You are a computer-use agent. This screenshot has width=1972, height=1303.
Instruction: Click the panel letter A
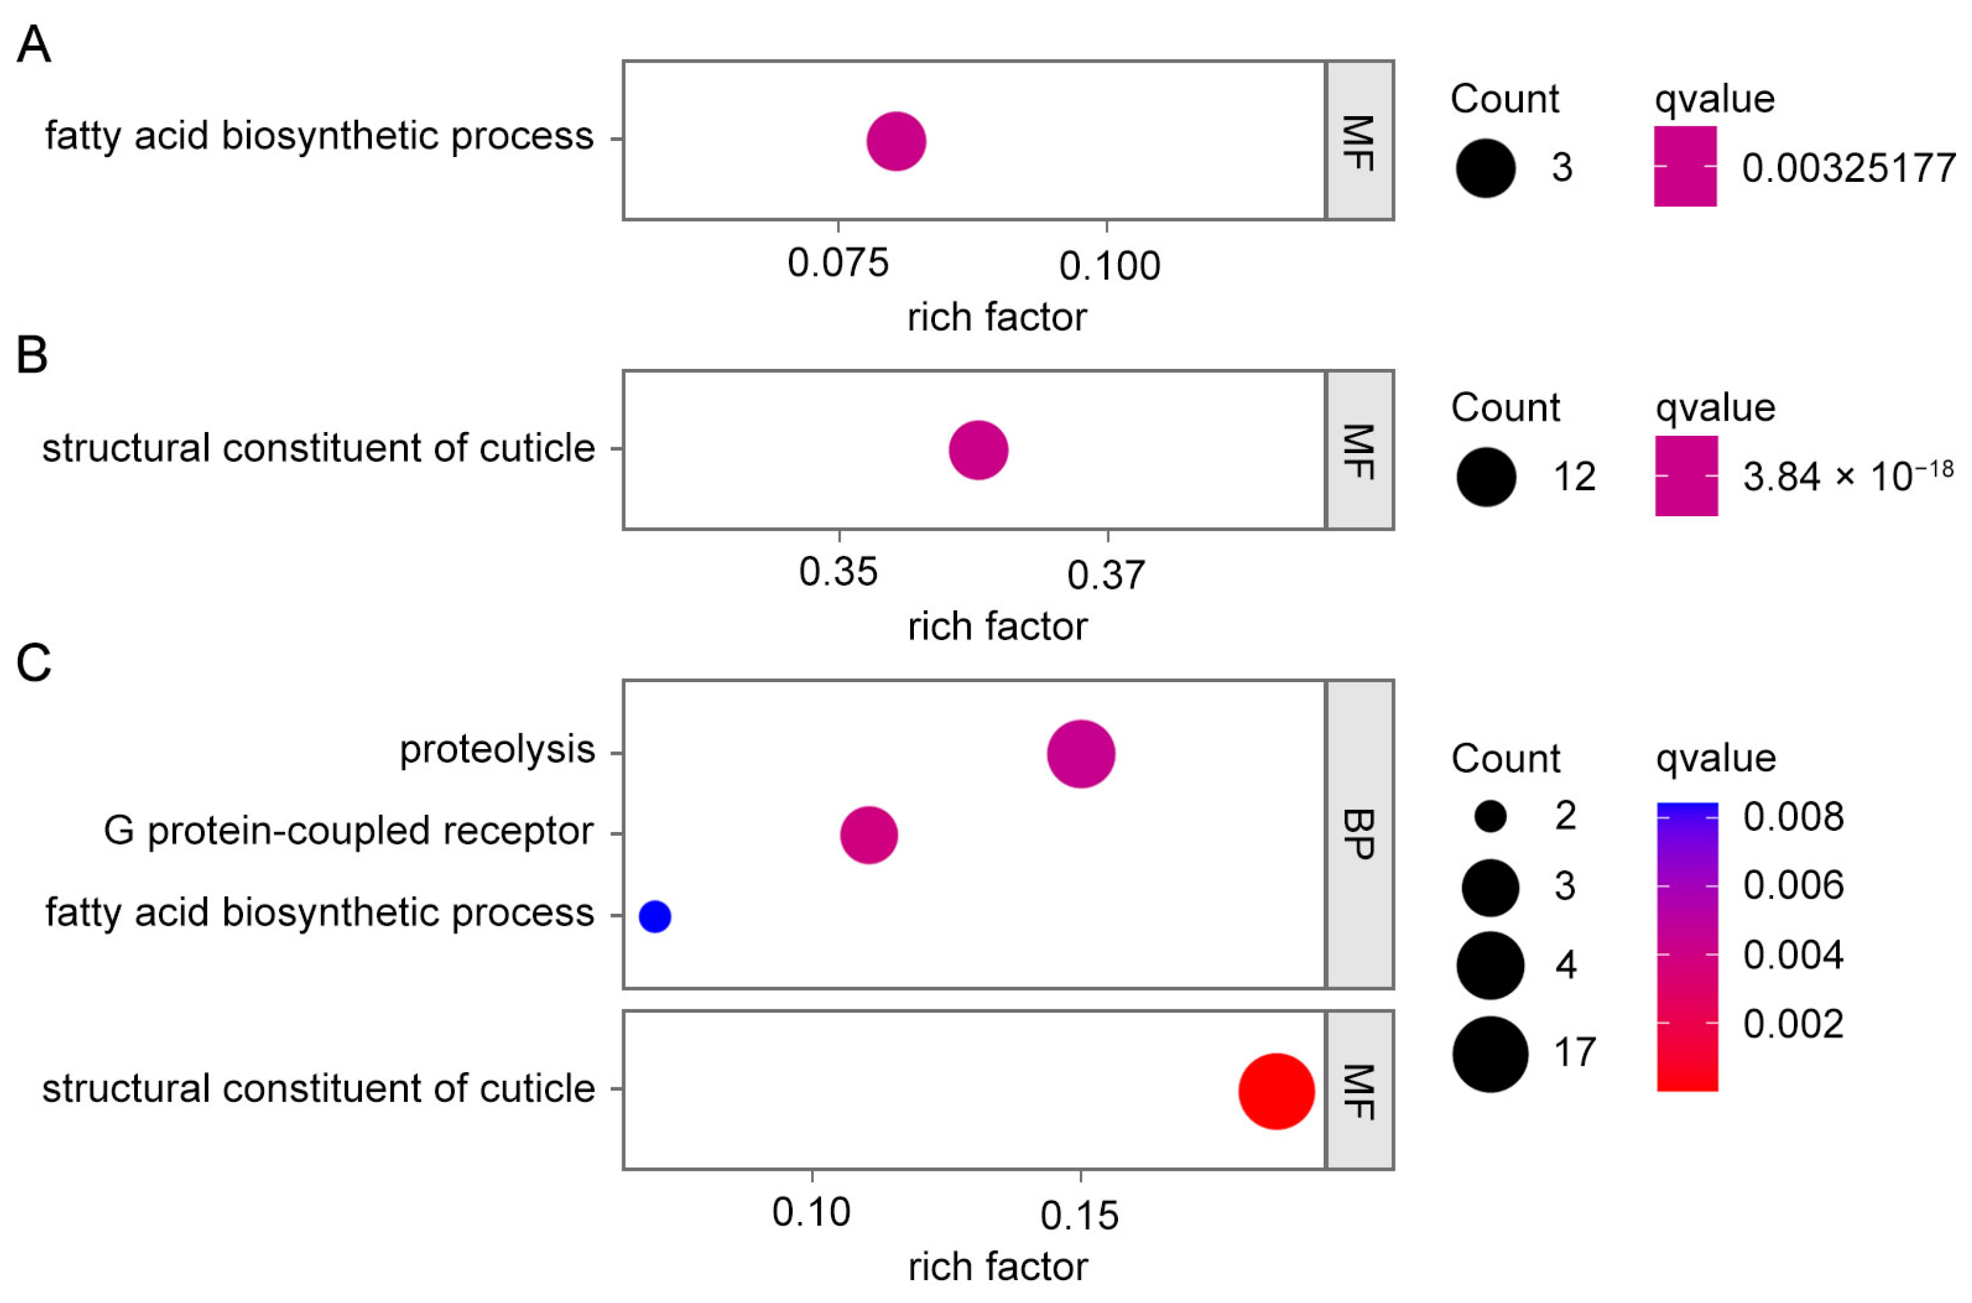coord(33,44)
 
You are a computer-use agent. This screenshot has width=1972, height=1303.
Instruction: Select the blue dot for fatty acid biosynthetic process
coord(655,916)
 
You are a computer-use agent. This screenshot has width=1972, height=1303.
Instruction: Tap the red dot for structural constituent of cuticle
coord(1276,1091)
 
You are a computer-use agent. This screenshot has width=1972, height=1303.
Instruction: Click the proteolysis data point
coord(1080,754)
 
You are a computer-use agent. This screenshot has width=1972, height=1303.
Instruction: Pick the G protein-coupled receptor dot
coord(869,835)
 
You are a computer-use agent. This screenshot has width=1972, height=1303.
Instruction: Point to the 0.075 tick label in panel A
coord(838,264)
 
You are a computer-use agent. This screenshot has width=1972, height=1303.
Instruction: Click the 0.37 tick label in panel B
coord(1106,575)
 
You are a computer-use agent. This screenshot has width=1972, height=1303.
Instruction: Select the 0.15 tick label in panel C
coord(1079,1216)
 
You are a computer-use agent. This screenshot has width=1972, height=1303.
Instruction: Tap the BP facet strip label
coord(1359,835)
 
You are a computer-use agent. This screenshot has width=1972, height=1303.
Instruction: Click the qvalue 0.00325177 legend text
coord(1848,168)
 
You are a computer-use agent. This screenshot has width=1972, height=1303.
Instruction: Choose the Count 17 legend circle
coord(1490,1054)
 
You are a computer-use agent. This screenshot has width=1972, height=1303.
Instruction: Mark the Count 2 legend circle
coord(1490,816)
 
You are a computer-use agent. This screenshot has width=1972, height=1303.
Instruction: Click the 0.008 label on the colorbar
coord(1793,817)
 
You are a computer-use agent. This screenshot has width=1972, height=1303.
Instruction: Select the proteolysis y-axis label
coord(497,750)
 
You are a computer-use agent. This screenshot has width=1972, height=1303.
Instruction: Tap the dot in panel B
coord(978,450)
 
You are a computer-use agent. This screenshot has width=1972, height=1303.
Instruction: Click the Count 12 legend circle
coord(1486,477)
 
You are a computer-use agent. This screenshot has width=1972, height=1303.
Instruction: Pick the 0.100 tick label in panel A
coord(1109,266)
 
